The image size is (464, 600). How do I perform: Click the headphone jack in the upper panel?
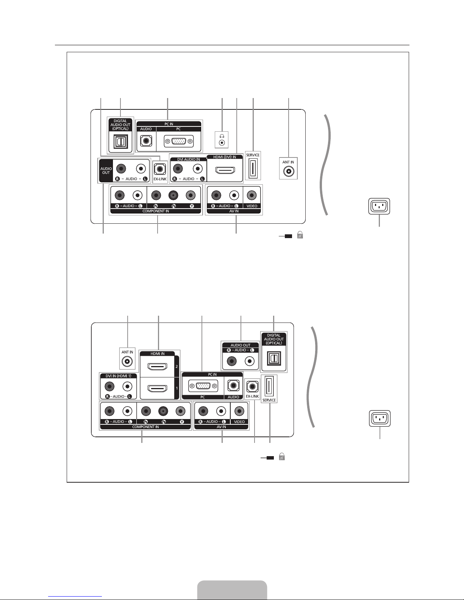coord(222,143)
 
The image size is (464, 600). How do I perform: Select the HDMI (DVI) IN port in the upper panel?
coord(225,170)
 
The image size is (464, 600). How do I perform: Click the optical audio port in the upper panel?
coord(121,142)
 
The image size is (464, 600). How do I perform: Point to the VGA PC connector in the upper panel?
coord(179,141)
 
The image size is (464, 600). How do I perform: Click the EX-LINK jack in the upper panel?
coord(160,169)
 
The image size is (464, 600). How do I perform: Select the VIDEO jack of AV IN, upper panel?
coord(252,195)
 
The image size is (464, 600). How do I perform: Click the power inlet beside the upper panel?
coord(379,206)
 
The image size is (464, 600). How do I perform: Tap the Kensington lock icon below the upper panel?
coord(300,235)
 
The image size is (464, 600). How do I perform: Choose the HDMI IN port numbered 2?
coord(158,367)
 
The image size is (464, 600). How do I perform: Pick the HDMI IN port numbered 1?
coord(158,388)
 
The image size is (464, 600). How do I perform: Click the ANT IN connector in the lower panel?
coord(127,361)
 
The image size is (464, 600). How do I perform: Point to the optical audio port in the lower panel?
coord(274,358)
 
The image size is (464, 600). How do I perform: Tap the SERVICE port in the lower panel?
coord(269,386)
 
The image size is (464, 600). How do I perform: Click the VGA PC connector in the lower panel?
coord(203,386)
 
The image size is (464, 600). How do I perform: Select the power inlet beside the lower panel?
coord(380,418)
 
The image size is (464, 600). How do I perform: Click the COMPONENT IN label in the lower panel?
coord(145,427)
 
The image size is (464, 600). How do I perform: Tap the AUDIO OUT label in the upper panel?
coord(106,171)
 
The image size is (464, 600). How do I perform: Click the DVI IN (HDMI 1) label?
coord(119,376)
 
